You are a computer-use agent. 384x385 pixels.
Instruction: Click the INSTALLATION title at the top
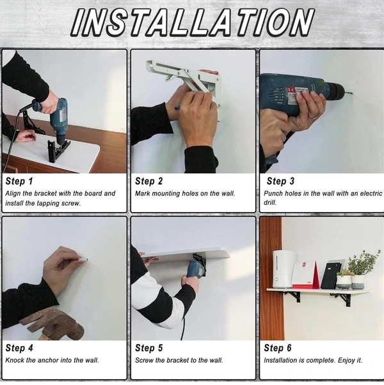point(193,22)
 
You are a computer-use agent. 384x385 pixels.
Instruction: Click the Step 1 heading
point(19,181)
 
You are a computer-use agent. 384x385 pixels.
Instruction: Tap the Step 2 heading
point(148,181)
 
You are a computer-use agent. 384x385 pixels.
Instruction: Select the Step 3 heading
point(280,181)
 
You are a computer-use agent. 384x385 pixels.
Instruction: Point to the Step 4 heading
point(19,348)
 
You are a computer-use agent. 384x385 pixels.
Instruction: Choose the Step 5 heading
point(148,348)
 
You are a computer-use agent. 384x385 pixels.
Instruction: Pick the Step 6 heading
point(277,348)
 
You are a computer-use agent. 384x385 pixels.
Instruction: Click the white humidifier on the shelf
point(284,269)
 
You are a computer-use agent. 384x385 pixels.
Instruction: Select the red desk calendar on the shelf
point(306,275)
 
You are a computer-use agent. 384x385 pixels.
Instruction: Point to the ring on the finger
point(313,117)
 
